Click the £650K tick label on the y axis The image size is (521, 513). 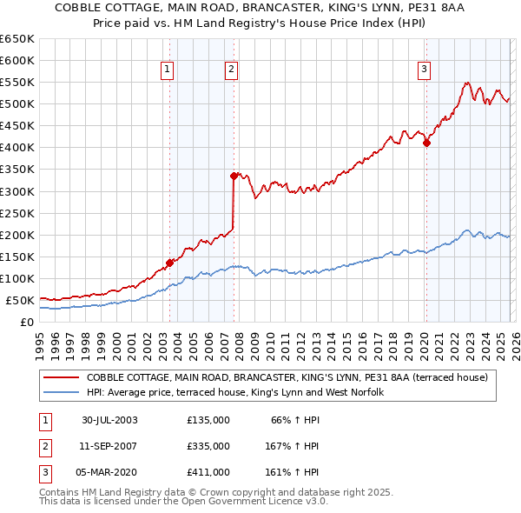tap(17, 39)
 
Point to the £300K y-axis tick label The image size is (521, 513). tap(17, 191)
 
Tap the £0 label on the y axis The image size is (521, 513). tap(27, 323)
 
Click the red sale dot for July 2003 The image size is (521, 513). tap(170, 263)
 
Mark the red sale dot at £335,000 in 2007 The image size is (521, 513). tap(234, 176)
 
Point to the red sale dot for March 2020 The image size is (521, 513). tap(426, 143)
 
